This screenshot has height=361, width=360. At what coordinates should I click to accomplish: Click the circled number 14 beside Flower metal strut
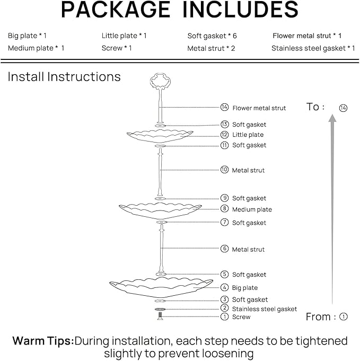(224, 108)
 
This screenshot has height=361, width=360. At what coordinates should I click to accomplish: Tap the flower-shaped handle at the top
(159, 82)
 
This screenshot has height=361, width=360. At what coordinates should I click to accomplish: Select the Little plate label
(248, 135)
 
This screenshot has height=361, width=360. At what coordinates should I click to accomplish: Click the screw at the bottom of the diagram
(159, 316)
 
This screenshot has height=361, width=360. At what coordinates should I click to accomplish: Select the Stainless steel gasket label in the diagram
(265, 309)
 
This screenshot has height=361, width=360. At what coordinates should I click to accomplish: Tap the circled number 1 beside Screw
(224, 317)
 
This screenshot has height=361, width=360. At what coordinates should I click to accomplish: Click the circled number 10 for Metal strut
(224, 170)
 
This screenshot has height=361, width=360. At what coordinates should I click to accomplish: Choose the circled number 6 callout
(224, 249)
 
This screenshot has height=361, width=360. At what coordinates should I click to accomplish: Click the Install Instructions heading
(64, 77)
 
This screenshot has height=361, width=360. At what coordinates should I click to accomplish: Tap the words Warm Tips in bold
(42, 341)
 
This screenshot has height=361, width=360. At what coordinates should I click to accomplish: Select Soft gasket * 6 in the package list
(212, 36)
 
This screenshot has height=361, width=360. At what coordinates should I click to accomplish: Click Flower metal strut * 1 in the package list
(307, 36)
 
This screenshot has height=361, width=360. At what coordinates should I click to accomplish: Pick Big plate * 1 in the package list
(28, 36)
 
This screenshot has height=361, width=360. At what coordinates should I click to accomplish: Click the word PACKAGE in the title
(116, 10)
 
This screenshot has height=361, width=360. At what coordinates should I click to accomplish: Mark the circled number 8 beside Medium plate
(224, 209)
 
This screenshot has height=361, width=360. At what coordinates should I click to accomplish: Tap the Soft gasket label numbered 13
(249, 125)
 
